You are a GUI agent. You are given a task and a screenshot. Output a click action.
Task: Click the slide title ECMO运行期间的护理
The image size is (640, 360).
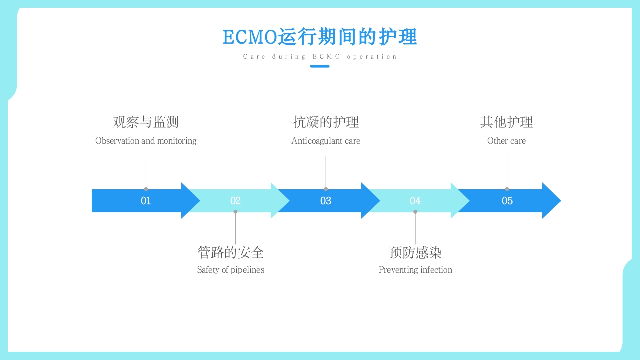click(320, 37)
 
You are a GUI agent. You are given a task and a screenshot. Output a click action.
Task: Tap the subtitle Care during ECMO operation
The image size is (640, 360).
click(320, 57)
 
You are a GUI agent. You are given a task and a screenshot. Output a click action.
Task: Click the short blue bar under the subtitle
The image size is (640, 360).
click(320, 66)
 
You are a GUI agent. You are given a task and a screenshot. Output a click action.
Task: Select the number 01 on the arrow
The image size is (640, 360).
click(146, 201)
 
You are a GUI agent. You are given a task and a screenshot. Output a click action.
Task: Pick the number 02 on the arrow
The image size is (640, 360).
click(235, 201)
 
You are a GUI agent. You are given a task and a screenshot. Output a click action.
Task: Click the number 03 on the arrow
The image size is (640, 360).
click(326, 201)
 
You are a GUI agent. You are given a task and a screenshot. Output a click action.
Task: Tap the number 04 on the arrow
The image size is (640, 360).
click(415, 201)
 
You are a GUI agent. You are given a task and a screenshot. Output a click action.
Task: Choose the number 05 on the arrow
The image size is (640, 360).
click(507, 201)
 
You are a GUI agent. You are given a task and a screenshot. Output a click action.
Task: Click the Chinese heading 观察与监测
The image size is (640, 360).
click(146, 122)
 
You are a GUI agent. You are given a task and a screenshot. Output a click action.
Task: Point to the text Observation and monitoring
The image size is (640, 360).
click(146, 141)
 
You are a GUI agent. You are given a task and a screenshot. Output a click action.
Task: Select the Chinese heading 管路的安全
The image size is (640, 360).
click(230, 253)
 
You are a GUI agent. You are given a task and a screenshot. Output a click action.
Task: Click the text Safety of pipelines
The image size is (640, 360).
click(230, 270)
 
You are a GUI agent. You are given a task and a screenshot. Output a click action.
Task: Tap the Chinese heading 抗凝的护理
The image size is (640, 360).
click(326, 122)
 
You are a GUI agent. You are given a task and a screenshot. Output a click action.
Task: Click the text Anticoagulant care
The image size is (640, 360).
click(326, 141)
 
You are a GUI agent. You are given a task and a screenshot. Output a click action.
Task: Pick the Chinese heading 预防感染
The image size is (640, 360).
click(415, 253)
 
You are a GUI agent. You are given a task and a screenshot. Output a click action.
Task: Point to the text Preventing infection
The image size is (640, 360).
click(415, 270)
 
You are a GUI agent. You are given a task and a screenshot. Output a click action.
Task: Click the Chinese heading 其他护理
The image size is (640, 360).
click(506, 122)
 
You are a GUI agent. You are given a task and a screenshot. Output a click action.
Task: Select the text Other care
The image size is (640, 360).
click(506, 141)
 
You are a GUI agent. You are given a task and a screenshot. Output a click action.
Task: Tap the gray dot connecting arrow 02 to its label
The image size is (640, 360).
click(235, 212)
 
